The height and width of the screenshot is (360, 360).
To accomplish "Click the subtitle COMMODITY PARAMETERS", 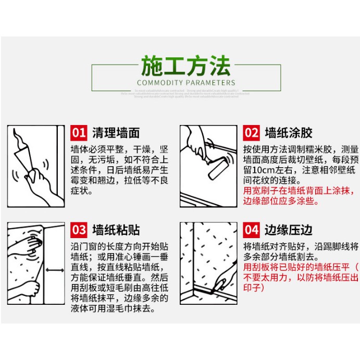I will click(185, 82).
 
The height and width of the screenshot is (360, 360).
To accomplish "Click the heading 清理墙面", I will click(116, 132).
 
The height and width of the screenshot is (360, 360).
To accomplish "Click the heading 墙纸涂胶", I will click(289, 132).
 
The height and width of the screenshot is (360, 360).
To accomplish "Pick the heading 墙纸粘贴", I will click(116, 230).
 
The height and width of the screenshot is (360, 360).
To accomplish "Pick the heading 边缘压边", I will click(289, 230).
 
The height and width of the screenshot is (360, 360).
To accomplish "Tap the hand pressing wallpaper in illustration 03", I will click(31, 244).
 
